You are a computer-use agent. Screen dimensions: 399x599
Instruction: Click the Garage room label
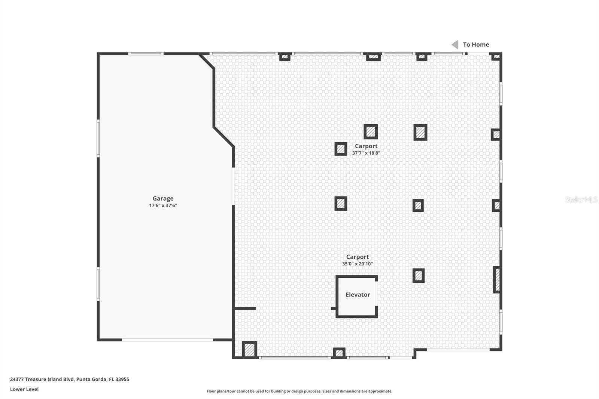[163, 198]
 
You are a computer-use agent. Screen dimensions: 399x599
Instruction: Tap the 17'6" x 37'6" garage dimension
[163, 205]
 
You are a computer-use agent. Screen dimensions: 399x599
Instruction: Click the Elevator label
[358, 295]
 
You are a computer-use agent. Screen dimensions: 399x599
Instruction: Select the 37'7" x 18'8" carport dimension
[366, 153]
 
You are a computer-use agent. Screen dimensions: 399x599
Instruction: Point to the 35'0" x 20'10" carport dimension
[357, 264]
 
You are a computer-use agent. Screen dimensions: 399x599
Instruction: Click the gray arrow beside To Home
[455, 45]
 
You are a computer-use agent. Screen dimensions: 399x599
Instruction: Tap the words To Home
[476, 45]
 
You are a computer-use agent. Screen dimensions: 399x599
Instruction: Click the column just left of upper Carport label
[341, 149]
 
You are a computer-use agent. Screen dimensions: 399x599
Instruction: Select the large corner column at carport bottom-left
[249, 350]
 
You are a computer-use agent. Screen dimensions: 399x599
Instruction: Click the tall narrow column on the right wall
[497, 280]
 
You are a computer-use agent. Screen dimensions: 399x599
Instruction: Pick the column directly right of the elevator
[419, 276]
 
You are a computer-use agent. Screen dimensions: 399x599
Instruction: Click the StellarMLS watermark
[581, 199]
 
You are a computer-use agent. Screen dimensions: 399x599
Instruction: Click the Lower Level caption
[24, 389]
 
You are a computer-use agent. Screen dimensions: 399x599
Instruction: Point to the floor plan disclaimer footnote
[299, 391]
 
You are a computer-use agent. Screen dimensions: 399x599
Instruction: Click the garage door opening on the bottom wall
[167, 340]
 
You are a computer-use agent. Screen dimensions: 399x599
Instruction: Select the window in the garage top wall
[146, 54]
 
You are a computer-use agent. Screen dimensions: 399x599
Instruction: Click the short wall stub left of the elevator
[245, 308]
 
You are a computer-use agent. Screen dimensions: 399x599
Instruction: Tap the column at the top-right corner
[496, 57]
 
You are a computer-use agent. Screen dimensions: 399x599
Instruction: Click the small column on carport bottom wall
[339, 353]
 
